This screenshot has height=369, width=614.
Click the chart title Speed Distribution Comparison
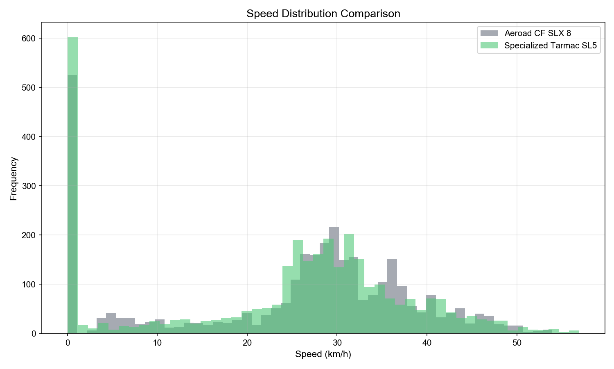(323, 14)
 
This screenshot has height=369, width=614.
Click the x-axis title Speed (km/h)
(323, 354)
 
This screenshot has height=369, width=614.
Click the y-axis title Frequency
(14, 178)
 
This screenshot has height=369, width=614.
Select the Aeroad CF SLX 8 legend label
(537, 33)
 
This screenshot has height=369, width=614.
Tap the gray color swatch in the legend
(489, 33)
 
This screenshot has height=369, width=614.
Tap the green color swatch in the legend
(489, 46)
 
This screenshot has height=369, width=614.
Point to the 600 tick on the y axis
(32, 38)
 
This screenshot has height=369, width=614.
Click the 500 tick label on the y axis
(32, 87)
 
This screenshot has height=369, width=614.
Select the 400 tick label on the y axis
(32, 137)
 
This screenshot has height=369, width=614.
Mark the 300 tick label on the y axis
(32, 186)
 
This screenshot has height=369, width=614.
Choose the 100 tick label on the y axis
(32, 284)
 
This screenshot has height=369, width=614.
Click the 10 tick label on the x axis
(157, 343)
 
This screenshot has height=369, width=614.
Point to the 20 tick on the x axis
(247, 343)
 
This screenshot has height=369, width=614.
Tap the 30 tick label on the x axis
(337, 343)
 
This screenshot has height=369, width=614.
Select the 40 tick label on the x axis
(427, 343)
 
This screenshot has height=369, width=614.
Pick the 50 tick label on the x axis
(517, 343)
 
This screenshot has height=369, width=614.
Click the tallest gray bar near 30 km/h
(334, 246)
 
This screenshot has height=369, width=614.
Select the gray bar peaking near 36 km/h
(392, 279)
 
